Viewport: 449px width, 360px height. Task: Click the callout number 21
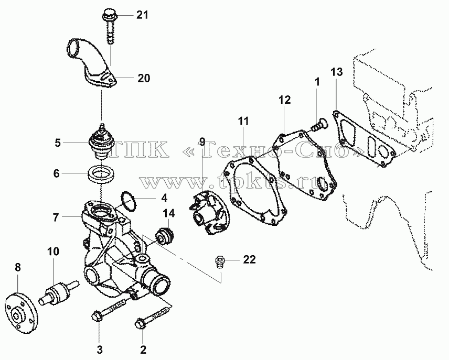142,15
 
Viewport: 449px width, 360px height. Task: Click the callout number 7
56,217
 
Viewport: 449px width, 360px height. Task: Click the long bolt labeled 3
110,311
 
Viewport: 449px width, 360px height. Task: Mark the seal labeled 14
165,235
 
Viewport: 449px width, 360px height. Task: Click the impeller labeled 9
207,212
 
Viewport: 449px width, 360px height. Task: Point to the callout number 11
243,122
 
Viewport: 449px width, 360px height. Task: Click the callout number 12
284,100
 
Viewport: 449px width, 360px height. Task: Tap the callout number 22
249,259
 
